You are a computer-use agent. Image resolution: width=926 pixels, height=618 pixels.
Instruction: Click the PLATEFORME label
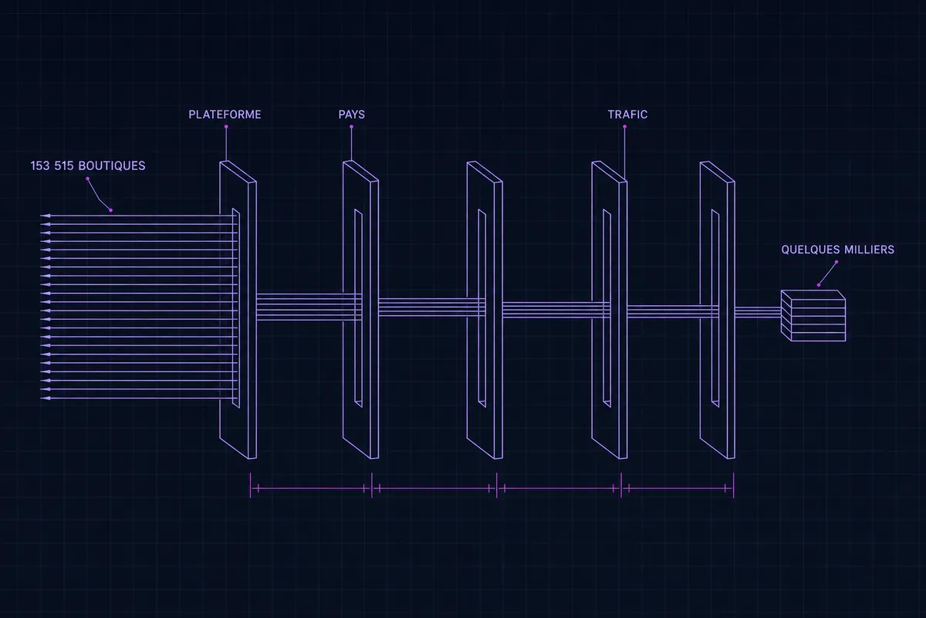point(225,114)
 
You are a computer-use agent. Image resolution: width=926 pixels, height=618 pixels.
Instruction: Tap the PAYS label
point(351,114)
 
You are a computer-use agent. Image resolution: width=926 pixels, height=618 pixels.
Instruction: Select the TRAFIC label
point(627,114)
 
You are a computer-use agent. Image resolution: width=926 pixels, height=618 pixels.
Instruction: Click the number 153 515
point(52,165)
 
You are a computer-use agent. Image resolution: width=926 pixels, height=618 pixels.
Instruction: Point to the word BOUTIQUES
point(112,165)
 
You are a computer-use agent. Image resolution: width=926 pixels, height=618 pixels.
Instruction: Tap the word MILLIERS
point(870,250)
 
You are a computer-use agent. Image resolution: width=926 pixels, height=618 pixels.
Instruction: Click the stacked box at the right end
point(813,316)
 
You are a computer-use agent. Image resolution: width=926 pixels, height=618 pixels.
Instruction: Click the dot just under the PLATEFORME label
point(226,127)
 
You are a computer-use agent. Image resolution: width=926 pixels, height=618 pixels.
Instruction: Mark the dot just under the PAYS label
point(351,127)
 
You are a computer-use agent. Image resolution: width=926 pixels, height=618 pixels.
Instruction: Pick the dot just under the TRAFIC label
point(624,127)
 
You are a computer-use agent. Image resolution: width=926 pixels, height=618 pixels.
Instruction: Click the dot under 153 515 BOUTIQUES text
point(88,178)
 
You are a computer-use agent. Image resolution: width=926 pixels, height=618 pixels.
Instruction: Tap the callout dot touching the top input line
point(111,210)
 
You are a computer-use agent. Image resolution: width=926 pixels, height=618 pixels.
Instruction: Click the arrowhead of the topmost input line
point(45,216)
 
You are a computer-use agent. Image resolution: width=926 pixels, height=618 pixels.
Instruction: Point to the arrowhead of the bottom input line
point(45,398)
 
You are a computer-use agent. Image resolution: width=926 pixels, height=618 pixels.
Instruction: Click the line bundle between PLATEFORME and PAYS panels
point(300,307)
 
